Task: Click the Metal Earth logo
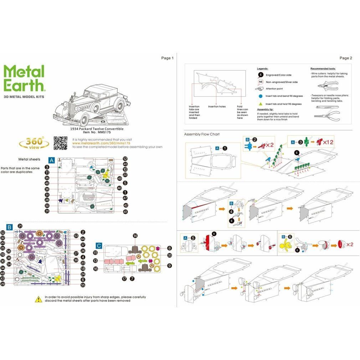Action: point(24,77)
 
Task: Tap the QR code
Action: point(60,143)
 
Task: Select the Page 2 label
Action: point(345,58)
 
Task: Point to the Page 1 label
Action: point(167,58)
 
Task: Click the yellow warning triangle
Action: point(38,299)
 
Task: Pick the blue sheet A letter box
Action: point(51,160)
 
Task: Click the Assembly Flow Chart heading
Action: point(202,134)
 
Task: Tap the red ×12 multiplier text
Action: point(328,142)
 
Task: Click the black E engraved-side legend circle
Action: point(261,75)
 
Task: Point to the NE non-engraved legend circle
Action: point(261,82)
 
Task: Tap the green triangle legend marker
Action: point(261,104)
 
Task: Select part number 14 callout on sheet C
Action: point(135,236)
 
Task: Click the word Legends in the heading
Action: point(262,68)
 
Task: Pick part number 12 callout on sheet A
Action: point(125,159)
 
